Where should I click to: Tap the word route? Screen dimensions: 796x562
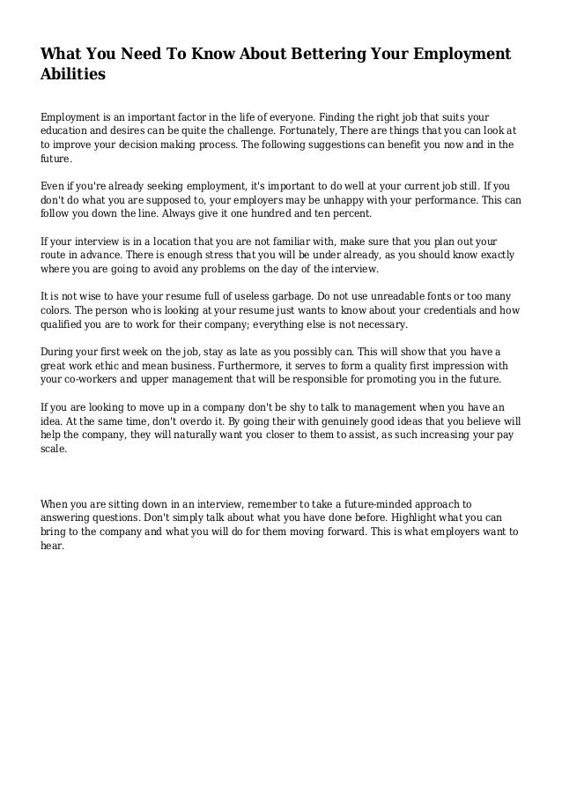55,254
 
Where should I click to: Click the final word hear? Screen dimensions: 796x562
53,547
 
